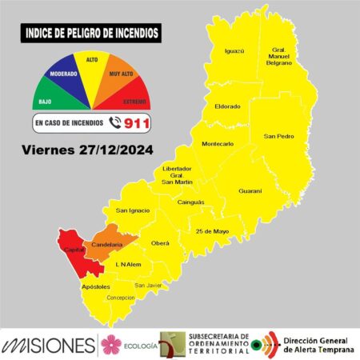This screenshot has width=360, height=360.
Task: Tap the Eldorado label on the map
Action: point(228,106)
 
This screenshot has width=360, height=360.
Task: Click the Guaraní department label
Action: point(250,190)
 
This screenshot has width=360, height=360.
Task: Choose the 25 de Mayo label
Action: point(212,231)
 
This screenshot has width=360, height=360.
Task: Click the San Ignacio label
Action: point(132,210)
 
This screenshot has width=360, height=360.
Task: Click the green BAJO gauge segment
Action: point(47,97)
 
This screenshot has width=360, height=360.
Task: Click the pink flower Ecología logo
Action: point(111,344)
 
